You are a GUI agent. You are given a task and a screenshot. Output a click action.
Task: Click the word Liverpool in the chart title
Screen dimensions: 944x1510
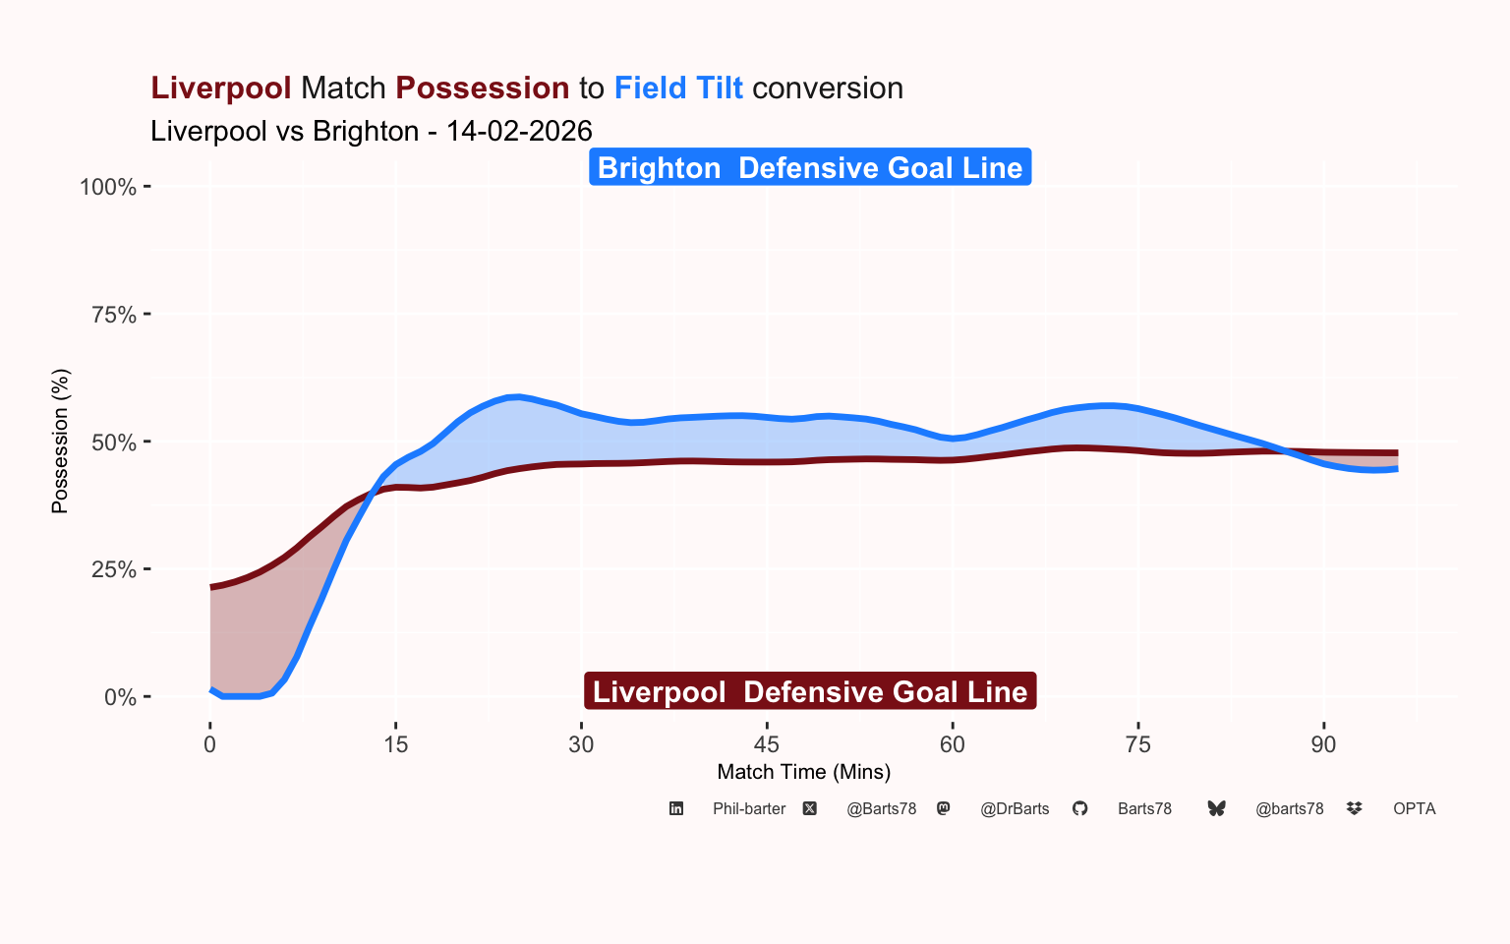coord(220,88)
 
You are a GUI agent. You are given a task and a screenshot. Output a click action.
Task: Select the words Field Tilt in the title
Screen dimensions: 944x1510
coord(678,88)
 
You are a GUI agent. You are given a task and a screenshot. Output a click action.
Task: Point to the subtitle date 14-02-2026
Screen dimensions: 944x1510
coord(519,132)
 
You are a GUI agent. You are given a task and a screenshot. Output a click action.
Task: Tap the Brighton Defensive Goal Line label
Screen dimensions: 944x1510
coord(810,168)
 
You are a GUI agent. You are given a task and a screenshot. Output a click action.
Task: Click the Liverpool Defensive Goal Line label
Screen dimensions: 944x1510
coord(810,692)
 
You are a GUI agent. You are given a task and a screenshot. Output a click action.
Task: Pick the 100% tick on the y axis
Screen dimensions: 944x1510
coord(108,187)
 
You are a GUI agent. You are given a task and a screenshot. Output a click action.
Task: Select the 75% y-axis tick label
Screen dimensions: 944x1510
coord(113,315)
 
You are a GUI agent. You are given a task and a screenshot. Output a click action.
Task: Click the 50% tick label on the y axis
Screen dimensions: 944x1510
coord(113,442)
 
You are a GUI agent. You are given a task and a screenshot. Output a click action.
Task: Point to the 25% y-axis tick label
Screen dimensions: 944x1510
coord(113,569)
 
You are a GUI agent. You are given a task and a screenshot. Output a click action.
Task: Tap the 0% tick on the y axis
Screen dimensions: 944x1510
coord(120,697)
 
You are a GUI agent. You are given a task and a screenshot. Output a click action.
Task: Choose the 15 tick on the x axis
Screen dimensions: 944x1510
coord(395,744)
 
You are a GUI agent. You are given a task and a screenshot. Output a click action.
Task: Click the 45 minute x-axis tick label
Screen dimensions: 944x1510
coord(767,744)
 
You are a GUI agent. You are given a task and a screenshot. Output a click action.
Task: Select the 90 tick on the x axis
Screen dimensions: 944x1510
coord(1323,744)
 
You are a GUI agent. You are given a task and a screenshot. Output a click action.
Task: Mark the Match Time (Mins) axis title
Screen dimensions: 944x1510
coord(804,772)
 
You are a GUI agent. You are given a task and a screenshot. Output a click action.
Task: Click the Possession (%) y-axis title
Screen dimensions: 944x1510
coord(60,442)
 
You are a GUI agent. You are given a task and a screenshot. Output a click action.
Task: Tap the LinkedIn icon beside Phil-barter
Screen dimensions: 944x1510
coord(676,808)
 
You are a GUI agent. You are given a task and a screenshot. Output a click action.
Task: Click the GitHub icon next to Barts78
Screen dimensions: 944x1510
coord(1079,808)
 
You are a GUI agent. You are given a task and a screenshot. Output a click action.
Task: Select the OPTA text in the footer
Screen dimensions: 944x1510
coord(1414,809)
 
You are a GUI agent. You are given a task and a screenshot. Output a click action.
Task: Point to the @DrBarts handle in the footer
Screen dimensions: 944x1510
coord(1015,809)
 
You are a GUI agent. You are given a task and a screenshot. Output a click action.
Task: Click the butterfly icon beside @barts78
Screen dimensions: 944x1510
coord(1217,808)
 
